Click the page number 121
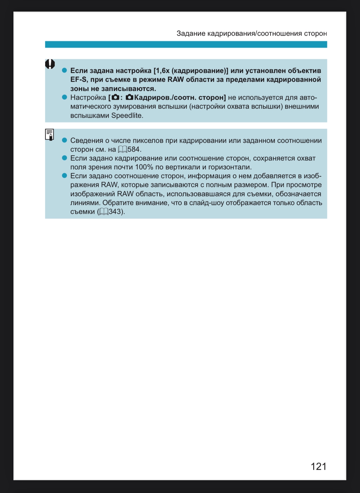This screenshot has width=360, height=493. pos(318,466)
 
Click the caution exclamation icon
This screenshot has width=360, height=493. pos(50,64)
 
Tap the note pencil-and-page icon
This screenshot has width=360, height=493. pos(49,134)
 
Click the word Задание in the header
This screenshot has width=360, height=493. pos(191,33)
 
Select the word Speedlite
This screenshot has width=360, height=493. pos(127,116)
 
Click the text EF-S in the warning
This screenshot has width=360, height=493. pos(78,80)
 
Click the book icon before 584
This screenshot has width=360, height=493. pos(122,149)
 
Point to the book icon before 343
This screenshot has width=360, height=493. pos(104,212)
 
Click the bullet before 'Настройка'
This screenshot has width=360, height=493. pos(64,97)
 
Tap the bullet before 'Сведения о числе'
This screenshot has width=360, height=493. pos(64,140)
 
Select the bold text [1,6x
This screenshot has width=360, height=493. pos(161,71)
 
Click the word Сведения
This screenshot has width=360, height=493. pos(87,141)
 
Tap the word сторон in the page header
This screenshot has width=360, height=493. pos(315,33)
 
